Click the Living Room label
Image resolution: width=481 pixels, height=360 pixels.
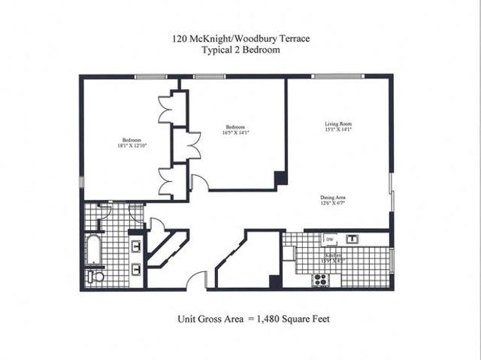[338, 123]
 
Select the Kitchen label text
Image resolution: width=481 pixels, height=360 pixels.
[334, 255]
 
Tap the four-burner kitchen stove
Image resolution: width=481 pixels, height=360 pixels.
[320, 280]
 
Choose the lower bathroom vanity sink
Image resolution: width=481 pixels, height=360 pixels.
[136, 268]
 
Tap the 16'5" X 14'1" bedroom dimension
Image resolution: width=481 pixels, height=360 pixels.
[235, 132]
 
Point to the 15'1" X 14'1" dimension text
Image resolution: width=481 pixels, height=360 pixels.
[338, 129]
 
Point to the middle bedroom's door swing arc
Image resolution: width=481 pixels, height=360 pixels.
[199, 181]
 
